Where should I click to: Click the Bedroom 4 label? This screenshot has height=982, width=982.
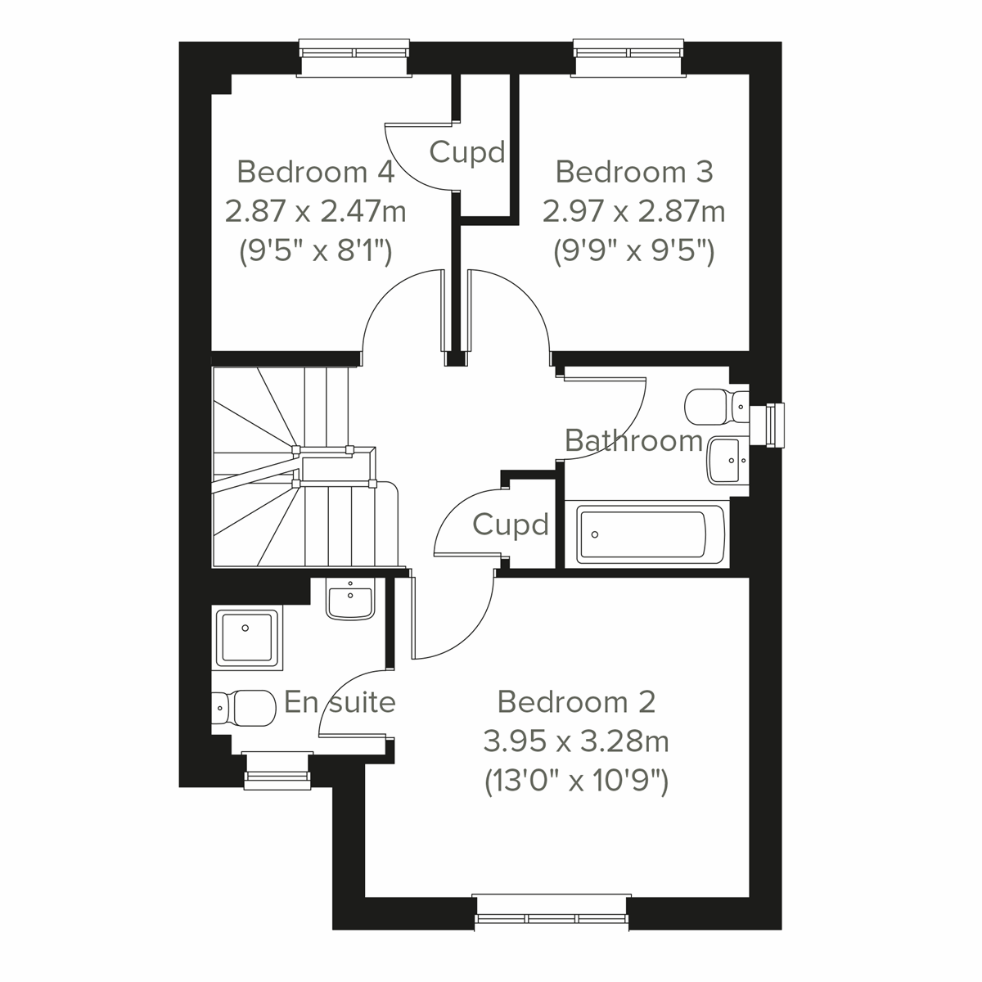(x=316, y=173)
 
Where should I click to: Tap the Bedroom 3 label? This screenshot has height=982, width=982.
(x=634, y=173)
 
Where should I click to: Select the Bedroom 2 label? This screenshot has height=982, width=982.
(x=576, y=702)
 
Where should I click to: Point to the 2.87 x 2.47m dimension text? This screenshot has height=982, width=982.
(x=316, y=212)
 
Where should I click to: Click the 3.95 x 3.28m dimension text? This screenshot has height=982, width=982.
(x=576, y=742)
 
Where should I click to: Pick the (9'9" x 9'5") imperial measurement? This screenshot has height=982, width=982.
(x=634, y=251)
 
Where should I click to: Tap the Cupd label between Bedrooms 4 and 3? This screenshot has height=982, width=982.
(x=467, y=152)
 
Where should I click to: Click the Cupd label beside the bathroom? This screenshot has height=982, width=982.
(x=510, y=525)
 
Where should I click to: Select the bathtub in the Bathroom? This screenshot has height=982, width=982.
(x=651, y=534)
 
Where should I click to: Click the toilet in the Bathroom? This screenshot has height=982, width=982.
(x=716, y=406)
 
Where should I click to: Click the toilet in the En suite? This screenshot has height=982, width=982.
(x=244, y=707)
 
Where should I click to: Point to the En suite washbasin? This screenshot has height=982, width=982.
(x=350, y=599)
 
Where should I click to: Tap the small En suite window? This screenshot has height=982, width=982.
(x=278, y=772)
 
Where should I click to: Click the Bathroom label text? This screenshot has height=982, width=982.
(x=634, y=441)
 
